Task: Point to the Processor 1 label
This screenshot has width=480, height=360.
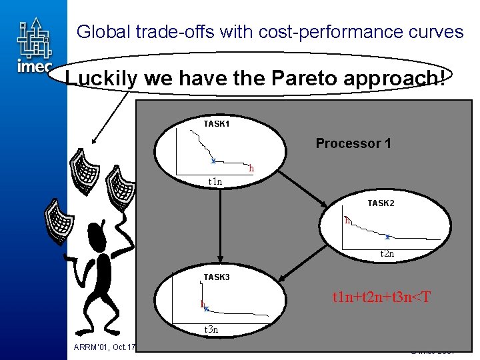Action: pyautogui.click(x=353, y=143)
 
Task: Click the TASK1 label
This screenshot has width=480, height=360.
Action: pyautogui.click(x=217, y=123)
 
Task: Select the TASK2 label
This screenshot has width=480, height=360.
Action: pyautogui.click(x=381, y=203)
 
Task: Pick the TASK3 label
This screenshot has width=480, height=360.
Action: pyautogui.click(x=217, y=277)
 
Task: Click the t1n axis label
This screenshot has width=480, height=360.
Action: pyautogui.click(x=215, y=181)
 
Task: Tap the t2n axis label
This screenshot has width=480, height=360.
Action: pyautogui.click(x=387, y=253)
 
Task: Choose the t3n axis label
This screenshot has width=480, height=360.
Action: pyautogui.click(x=211, y=329)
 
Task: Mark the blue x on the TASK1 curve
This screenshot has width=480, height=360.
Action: pyautogui.click(x=213, y=161)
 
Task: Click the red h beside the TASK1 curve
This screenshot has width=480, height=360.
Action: pyautogui.click(x=251, y=169)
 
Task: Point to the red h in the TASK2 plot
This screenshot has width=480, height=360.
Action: pyautogui.click(x=347, y=219)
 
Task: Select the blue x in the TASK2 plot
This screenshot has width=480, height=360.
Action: pyautogui.click(x=387, y=236)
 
